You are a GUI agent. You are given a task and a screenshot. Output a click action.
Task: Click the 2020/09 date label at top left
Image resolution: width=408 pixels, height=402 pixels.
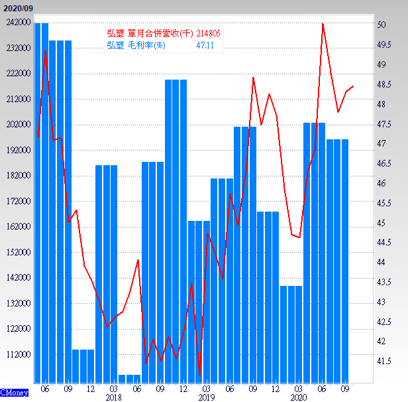point(17,7)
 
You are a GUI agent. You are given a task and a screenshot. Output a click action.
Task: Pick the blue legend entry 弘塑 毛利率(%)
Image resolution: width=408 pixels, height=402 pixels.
point(136,44)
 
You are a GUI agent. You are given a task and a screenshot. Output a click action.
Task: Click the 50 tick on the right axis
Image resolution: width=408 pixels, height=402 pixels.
point(382,25)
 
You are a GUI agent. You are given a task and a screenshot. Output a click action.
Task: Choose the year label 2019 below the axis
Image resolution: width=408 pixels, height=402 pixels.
point(207,397)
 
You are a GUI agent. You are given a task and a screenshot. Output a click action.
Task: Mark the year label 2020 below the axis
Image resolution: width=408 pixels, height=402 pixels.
point(299,397)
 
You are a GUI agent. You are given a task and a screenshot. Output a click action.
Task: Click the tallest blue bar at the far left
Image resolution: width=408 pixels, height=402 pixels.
point(41,199)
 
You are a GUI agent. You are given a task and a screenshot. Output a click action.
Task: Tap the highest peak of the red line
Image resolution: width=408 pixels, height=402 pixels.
point(323,24)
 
